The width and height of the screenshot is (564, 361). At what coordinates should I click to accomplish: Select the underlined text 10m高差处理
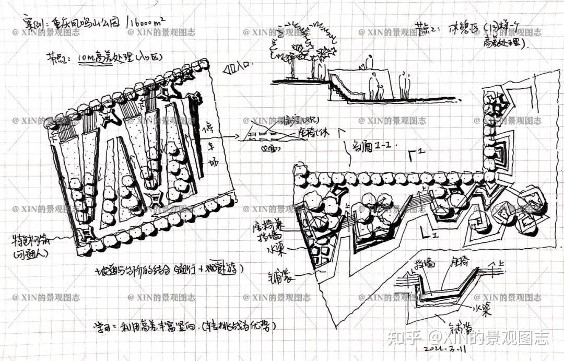[x=105, y=59]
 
